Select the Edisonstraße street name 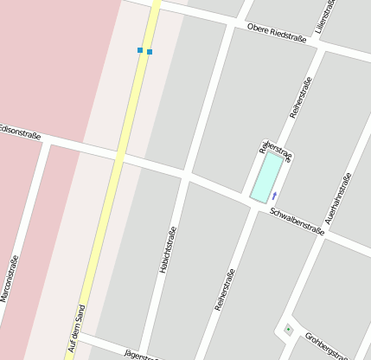[x=20, y=131]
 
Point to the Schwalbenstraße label [x=297, y=221]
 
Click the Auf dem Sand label [x=76, y=331]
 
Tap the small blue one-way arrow [x=275, y=195]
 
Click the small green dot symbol [x=288, y=330]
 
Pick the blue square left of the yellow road [x=140, y=50]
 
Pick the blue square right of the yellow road [x=150, y=52]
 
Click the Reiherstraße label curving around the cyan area [x=277, y=150]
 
